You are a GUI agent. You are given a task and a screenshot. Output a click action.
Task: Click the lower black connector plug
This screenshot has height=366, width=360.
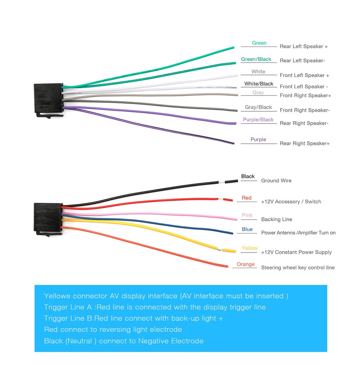coord(48,217)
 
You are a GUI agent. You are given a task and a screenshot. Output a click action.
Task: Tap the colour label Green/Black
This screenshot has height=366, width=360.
coord(256,59)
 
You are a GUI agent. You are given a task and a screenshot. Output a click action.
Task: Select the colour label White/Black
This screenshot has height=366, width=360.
coord(259,84)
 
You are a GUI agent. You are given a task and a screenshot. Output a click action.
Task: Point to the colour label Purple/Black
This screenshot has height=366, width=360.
coord(258,120)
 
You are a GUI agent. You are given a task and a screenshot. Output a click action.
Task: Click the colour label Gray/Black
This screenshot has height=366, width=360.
coord(258,107)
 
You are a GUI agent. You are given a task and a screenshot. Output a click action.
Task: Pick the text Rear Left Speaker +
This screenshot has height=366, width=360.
coord(303,46)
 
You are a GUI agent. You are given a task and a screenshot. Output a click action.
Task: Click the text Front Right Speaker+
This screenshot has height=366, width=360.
coord(305,95)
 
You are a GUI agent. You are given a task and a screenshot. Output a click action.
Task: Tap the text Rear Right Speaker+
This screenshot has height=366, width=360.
coord(305,143)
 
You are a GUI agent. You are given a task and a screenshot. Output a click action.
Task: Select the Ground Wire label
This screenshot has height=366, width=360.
coord(276,180)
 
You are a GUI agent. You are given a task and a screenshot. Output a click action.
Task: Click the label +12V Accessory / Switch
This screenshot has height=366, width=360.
coord(291,202)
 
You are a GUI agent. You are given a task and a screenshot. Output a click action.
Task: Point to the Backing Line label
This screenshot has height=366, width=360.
coord(276,219)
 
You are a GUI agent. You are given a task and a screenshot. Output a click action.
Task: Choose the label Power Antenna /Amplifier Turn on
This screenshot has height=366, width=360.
coord(298,233)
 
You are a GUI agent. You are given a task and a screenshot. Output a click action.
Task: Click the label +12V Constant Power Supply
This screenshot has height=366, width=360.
coord(296,252)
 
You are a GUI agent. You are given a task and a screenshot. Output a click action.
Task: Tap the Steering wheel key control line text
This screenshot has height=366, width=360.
coord(298,268)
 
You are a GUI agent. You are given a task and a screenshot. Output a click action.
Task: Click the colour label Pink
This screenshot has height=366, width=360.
coord(247,215)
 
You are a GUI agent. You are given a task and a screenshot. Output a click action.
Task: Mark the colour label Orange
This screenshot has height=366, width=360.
coord(246,264)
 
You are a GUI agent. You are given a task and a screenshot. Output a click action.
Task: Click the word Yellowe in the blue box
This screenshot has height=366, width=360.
coord(57,296)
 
